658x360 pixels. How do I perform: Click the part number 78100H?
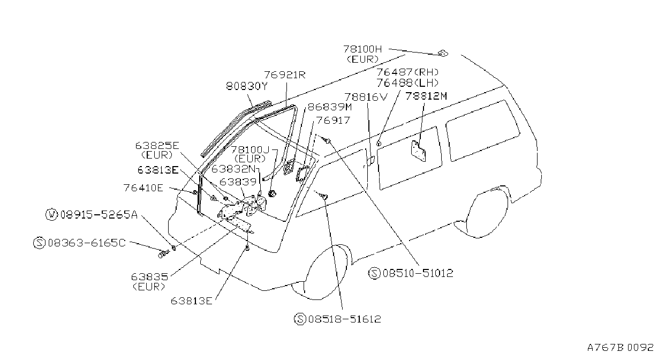[362, 49]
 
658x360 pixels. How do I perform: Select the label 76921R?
[285, 75]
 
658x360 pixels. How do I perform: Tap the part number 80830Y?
[247, 86]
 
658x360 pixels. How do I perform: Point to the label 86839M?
[330, 107]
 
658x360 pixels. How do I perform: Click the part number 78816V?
[366, 97]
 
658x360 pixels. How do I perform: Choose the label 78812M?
[426, 96]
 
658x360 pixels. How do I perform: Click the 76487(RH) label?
[408, 72]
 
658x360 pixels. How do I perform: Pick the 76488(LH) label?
[408, 83]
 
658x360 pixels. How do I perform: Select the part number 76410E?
[143, 188]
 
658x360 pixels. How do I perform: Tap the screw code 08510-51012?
[418, 273]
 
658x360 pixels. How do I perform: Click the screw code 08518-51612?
[344, 319]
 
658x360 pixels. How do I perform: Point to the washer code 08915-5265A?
[99, 215]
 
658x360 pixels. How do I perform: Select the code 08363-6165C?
[87, 243]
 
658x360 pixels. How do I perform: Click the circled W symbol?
[51, 215]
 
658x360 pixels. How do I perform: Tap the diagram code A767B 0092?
[620, 348]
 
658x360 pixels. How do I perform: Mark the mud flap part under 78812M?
[418, 151]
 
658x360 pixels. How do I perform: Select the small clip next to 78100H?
[442, 54]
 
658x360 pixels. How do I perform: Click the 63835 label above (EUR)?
[149, 277]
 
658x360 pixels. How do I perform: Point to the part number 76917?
[333, 121]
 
